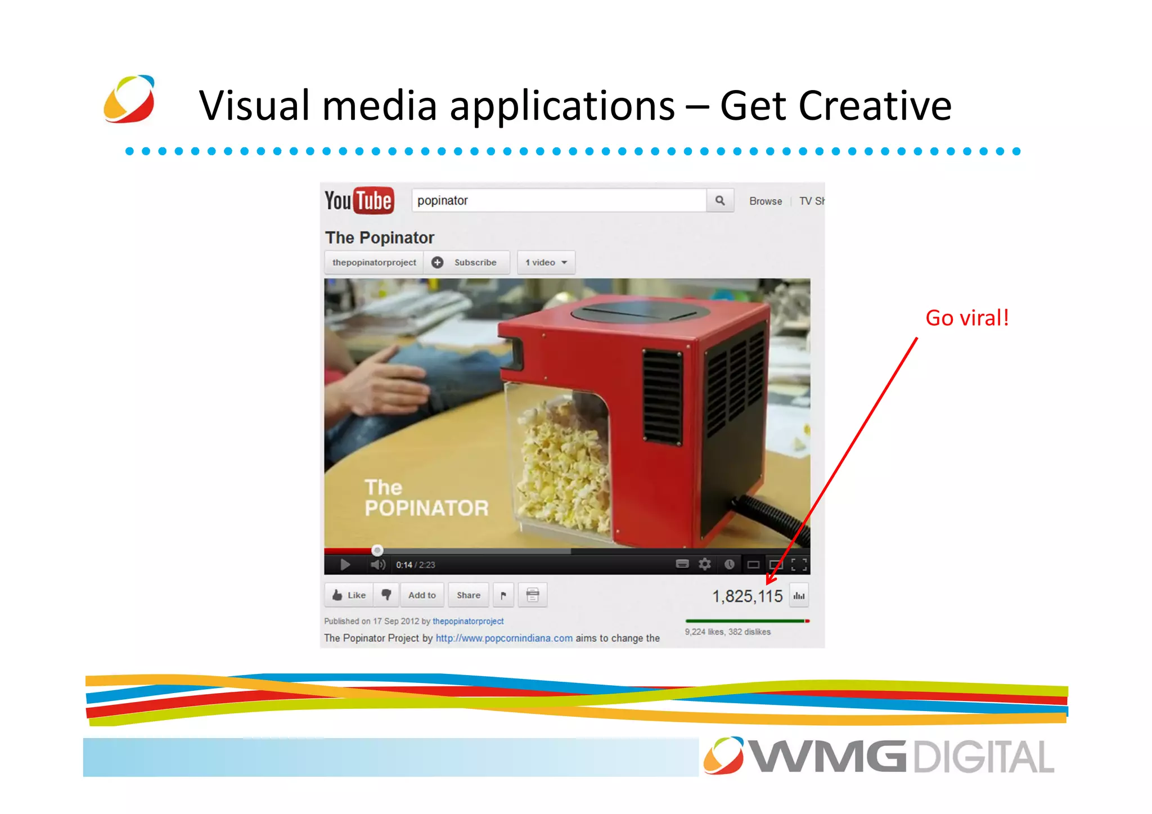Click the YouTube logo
(359, 200)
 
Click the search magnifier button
(719, 200)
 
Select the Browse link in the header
(765, 201)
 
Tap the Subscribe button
(467, 262)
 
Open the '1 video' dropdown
(546, 262)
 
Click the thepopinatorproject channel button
(374, 262)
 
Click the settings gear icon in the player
(704, 564)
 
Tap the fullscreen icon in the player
(799, 564)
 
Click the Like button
(349, 595)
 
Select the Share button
(468, 595)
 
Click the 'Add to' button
(422, 595)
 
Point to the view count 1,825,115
(747, 596)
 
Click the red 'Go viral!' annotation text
(967, 318)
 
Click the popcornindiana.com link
(504, 638)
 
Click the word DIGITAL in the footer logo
(983, 757)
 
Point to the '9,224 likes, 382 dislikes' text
(727, 632)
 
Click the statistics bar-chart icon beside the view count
(799, 596)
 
